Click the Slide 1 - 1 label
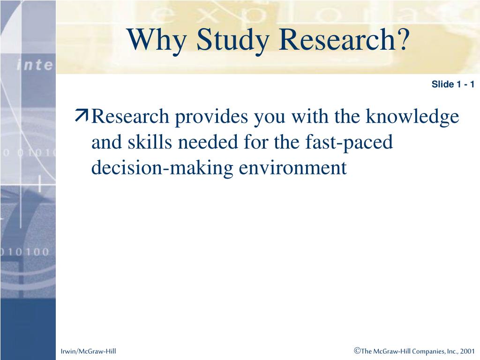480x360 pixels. click(x=453, y=84)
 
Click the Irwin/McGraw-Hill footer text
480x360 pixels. click(x=88, y=351)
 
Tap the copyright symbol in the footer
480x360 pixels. click(x=357, y=350)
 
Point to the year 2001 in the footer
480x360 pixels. click(x=467, y=351)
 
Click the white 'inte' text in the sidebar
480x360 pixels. click(x=35, y=65)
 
